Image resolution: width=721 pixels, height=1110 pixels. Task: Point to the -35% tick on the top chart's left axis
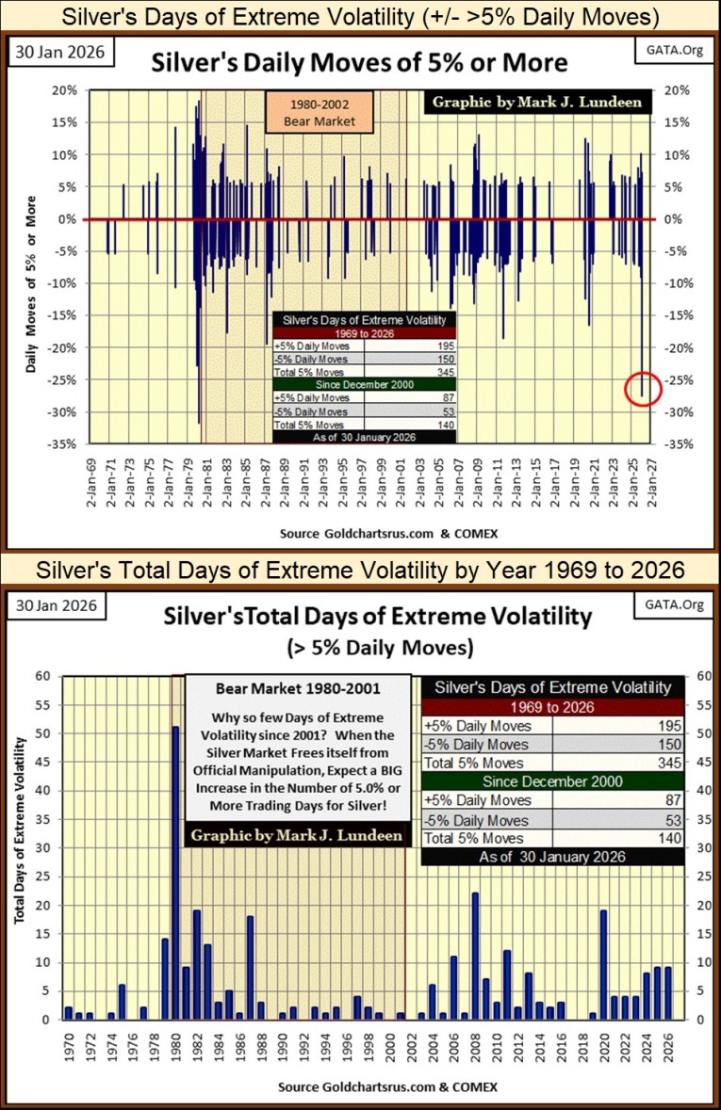tap(66, 443)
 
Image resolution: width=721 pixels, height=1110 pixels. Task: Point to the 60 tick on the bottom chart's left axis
tap(44, 676)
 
